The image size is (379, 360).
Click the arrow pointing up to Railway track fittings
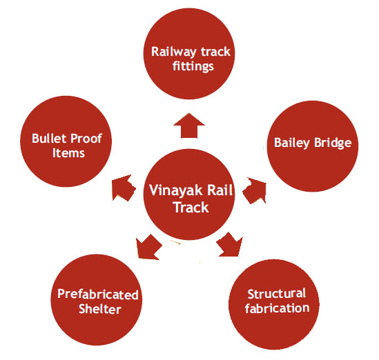tap(189, 126)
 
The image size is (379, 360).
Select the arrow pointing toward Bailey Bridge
tap(255, 191)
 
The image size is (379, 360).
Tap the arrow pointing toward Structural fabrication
tap(230, 245)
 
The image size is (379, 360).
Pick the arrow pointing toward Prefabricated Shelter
tap(148, 248)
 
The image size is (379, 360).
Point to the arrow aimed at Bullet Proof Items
tap(124, 188)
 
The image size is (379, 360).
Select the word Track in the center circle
tap(191, 208)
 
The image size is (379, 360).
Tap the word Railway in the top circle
tap(173, 52)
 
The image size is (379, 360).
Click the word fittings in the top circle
tap(193, 66)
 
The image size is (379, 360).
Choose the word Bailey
tap(292, 143)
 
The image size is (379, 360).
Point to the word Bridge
tap(333, 143)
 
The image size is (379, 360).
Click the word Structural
tap(277, 294)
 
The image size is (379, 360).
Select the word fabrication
tap(278, 308)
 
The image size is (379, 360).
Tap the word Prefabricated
tap(98, 294)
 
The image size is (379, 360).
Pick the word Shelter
tap(100, 309)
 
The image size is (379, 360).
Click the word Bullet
tap(49, 139)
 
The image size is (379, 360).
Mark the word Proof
tap(86, 139)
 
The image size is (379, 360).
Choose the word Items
tap(68, 153)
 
